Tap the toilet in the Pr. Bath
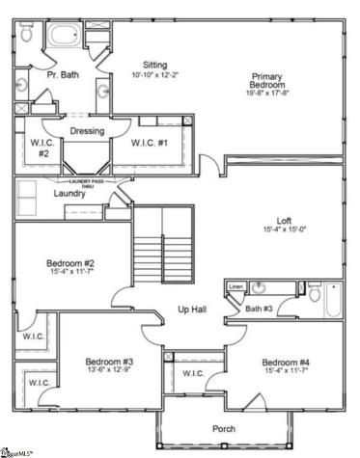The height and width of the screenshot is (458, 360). pos(27,35)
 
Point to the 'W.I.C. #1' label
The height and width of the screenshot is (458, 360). pos(150,144)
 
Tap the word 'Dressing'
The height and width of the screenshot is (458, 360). pos(87,131)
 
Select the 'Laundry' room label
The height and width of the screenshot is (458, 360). pos(43,192)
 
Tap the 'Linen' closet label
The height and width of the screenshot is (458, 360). pos(235,287)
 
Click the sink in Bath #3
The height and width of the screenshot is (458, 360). pos(258,287)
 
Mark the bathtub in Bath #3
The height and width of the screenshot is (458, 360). pos(330,301)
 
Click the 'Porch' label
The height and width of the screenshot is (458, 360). pos(224,428)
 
